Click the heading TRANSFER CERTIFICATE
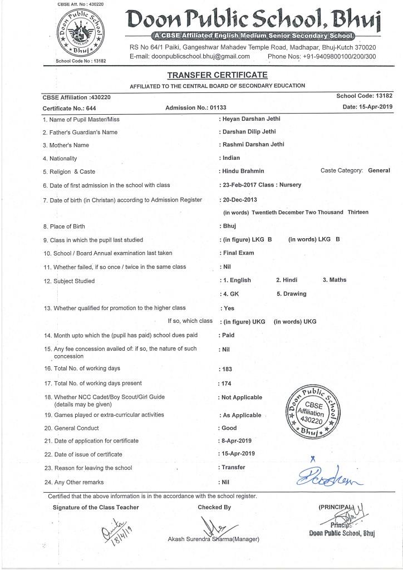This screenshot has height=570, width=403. click(x=217, y=75)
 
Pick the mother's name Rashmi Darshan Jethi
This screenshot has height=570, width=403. click(x=253, y=145)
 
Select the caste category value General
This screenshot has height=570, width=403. click(x=379, y=170)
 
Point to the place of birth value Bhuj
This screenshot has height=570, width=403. click(x=229, y=226)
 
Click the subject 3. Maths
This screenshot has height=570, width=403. click(x=334, y=279)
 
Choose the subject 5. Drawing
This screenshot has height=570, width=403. click(x=291, y=294)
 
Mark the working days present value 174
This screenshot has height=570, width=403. click(x=226, y=384)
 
